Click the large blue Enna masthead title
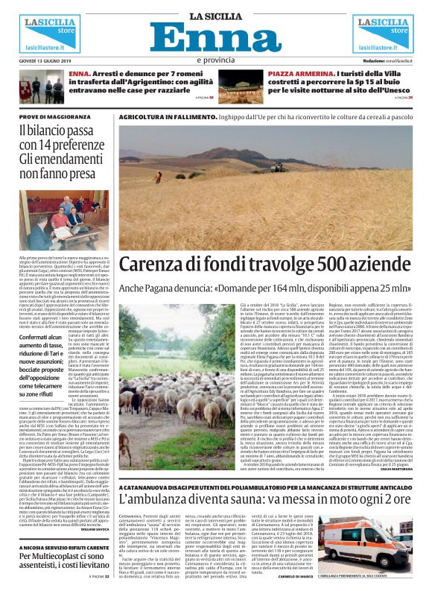pos(216,37)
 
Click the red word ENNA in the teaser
pos(79,74)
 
